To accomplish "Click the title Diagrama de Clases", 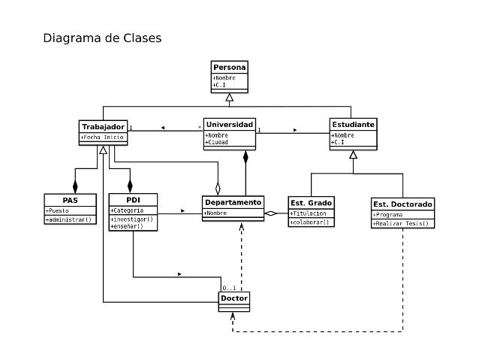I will tap(101, 38).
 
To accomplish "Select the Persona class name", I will tap(229, 67).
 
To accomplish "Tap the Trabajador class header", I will tap(103, 126).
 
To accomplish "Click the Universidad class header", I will tap(230, 123).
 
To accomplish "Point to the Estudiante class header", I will tap(353, 123).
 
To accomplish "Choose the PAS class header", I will tap(70, 199).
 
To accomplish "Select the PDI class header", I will tap(132, 199).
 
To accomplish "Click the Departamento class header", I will tap(233, 201).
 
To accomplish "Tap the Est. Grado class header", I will tap(311, 203).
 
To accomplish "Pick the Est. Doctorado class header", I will tap(402, 204).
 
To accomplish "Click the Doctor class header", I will tap(233, 298).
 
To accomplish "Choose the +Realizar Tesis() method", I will tap(402, 223).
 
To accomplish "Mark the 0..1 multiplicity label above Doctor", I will tap(229, 289).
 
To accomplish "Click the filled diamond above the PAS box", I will tap(74, 182).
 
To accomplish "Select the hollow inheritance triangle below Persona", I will tap(230, 96).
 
